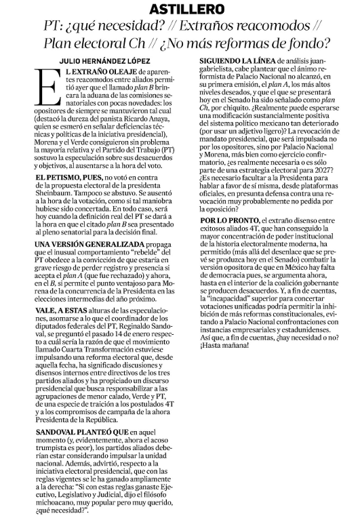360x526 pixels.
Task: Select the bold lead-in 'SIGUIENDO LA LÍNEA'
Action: (234, 61)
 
